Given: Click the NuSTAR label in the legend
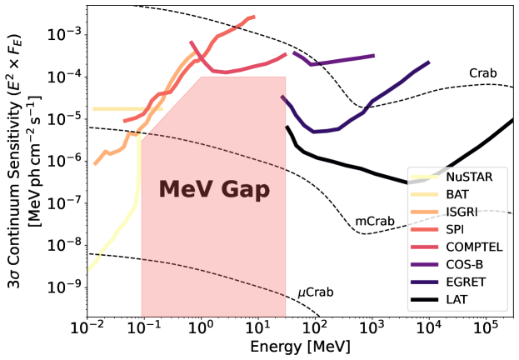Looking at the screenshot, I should [468, 177].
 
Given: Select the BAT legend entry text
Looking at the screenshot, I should [457, 194].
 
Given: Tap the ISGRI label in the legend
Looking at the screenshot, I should [461, 212].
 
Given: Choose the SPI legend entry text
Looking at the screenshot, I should [455, 229].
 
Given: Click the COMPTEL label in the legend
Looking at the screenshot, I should [474, 247].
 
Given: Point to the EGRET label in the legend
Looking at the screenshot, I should [466, 282].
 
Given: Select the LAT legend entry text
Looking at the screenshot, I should [456, 299].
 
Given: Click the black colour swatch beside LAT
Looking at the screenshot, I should [425, 299].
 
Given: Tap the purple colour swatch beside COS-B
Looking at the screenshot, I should [425, 264].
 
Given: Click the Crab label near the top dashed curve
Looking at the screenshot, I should [482, 73].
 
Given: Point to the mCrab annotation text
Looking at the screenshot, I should [375, 222].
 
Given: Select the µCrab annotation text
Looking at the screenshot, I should [316, 292].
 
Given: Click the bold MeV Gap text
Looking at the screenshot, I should [214, 190].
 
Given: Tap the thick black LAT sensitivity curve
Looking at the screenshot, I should [350, 166].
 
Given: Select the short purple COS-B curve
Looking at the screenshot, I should [342, 60].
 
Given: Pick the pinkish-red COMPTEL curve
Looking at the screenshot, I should [242, 69].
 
